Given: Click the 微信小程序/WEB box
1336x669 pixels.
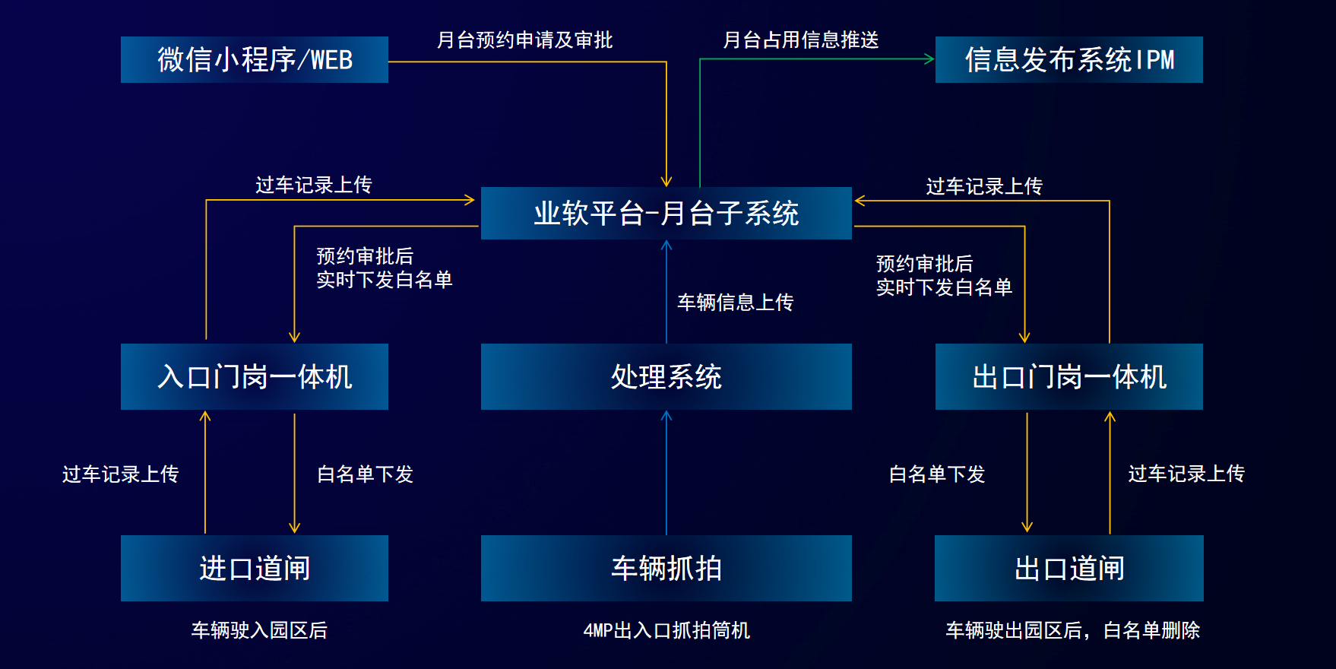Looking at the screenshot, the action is click(255, 59).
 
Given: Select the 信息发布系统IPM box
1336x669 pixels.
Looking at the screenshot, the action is click(1069, 59).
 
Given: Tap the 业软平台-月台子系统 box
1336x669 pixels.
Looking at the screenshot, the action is click(666, 213).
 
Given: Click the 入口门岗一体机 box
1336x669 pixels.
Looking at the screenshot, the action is click(255, 376).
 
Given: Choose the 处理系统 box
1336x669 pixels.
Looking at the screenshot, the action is click(666, 376).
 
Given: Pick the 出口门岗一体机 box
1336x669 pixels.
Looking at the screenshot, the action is click(1069, 376).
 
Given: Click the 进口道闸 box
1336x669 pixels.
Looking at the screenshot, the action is click(255, 568).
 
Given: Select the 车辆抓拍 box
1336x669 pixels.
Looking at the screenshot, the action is click(666, 568).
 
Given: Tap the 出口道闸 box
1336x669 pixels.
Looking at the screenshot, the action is click(1069, 568).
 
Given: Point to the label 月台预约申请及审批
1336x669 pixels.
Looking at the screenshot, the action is click(525, 40).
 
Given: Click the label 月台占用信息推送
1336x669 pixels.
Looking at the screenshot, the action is click(801, 40).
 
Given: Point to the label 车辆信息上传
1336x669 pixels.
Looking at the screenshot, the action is click(736, 303).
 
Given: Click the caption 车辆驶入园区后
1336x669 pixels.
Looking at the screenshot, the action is click(259, 630).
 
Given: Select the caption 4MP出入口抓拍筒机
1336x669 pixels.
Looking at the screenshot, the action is click(666, 630).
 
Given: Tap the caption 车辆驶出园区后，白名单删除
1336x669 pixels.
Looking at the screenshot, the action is click(1073, 630).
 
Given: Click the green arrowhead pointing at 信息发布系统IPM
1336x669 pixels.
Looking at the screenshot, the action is click(929, 59).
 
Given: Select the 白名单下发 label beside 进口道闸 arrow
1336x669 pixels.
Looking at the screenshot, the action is click(366, 474).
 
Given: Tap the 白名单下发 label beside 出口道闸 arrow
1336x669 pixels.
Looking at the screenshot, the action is click(937, 474).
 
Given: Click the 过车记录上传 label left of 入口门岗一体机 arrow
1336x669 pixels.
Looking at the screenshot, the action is click(121, 474).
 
